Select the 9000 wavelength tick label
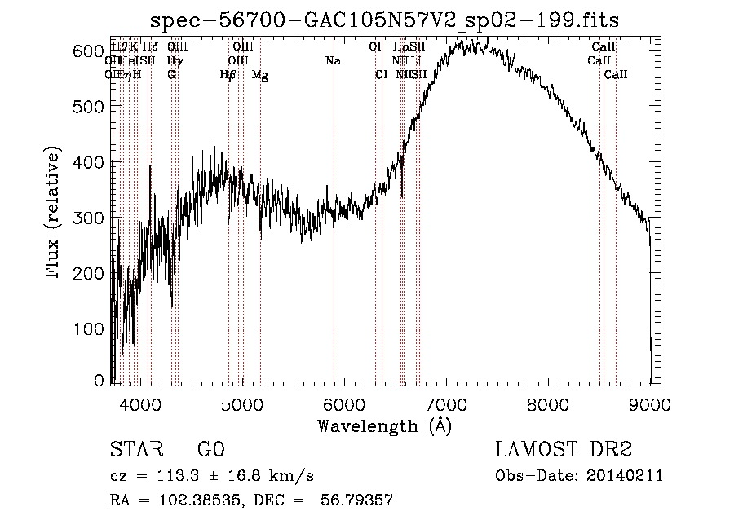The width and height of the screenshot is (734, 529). click(649, 403)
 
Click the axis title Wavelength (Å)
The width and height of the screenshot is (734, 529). click(384, 425)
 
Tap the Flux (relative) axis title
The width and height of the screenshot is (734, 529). click(55, 214)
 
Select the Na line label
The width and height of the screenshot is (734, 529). click(333, 60)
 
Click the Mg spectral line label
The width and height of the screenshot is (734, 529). click(259, 75)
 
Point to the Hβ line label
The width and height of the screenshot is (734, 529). click(228, 75)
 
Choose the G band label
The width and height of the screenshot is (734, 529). click(171, 75)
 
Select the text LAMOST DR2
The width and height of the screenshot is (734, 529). click(564, 451)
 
